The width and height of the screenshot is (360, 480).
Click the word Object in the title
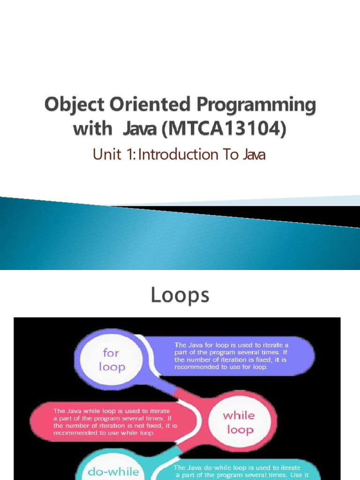pyautogui.click(x=75, y=105)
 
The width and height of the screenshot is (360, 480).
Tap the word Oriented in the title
pyautogui.click(x=150, y=104)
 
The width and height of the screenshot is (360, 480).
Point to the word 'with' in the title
pyautogui.click(x=93, y=128)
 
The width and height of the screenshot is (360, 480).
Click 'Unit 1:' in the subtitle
pyautogui.click(x=114, y=154)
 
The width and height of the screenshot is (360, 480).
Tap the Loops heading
pyautogui.click(x=180, y=295)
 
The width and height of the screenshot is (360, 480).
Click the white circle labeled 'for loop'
pyautogui.click(x=111, y=360)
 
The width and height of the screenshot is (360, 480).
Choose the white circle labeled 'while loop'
pyautogui.click(x=240, y=422)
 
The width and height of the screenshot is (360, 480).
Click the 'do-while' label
pyautogui.click(x=113, y=472)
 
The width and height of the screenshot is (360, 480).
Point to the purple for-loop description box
pyautogui.click(x=230, y=356)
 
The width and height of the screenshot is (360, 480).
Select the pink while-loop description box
pyautogui.click(x=114, y=422)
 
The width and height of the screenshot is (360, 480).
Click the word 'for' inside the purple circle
pyautogui.click(x=111, y=352)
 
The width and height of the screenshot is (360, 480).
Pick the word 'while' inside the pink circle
pyautogui.click(x=239, y=415)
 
